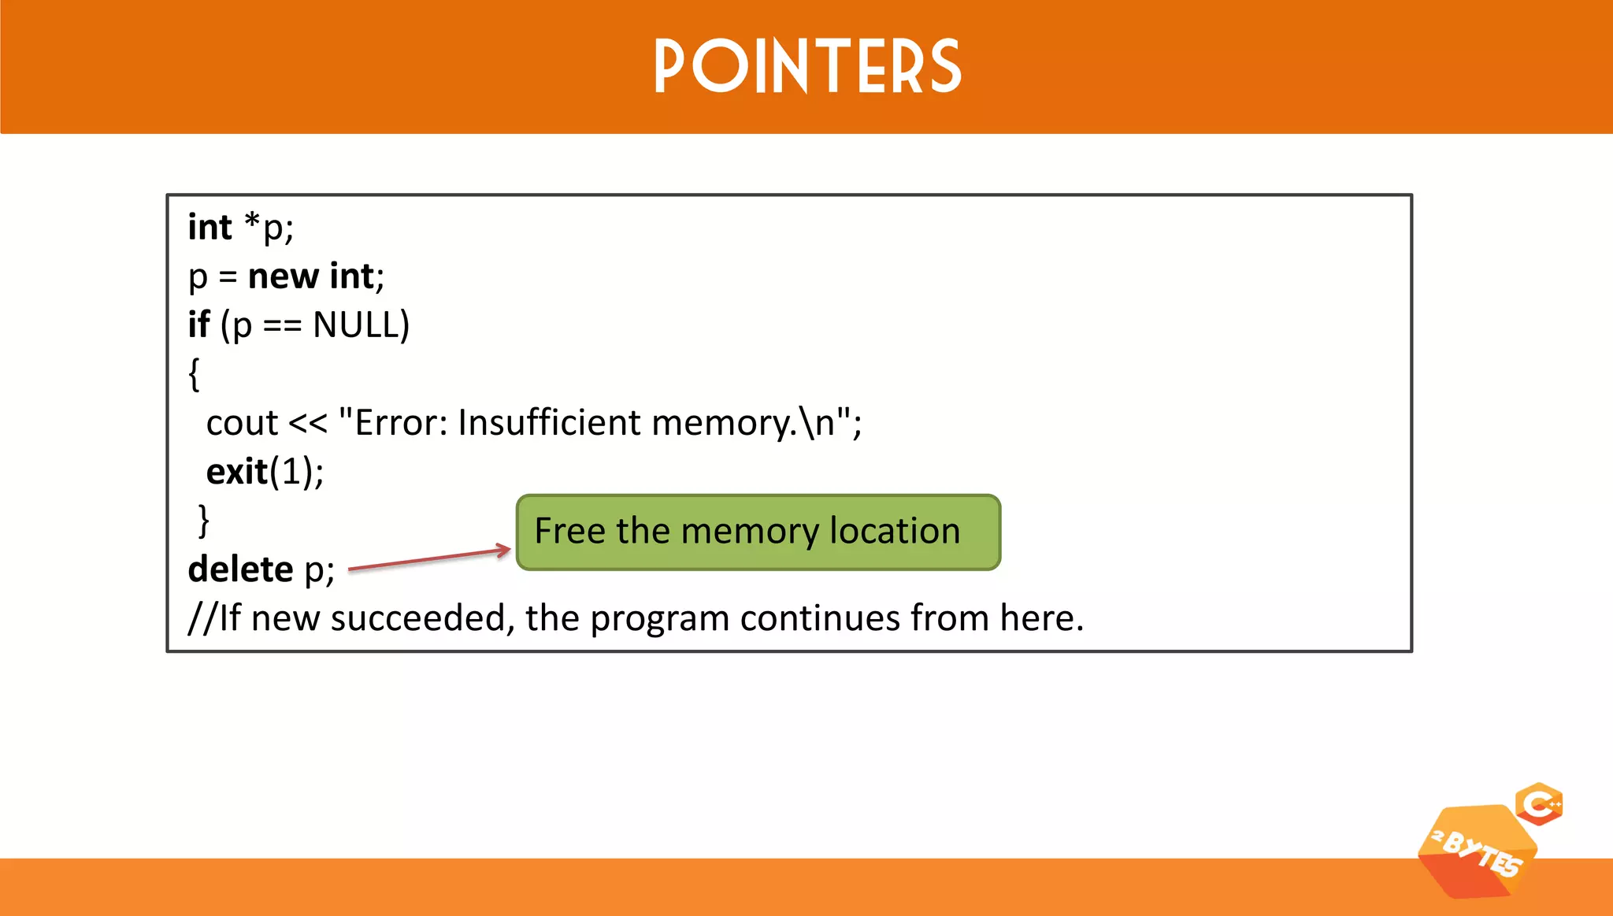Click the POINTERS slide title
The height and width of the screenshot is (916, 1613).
tap(807, 67)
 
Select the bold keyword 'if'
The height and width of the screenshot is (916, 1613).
tap(198, 325)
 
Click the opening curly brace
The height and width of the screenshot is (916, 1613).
tap(195, 374)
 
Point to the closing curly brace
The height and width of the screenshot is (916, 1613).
tap(204, 521)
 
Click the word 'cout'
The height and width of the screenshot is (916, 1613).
tap(242, 424)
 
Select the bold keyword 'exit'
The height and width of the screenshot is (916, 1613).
tap(236, 472)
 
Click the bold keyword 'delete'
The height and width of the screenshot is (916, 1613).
tap(240, 569)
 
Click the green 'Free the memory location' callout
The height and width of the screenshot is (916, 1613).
tap(758, 532)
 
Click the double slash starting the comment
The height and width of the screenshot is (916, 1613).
tap(202, 618)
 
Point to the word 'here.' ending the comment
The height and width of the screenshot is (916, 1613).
tap(1041, 618)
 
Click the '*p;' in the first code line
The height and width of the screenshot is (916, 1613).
tap(268, 228)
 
